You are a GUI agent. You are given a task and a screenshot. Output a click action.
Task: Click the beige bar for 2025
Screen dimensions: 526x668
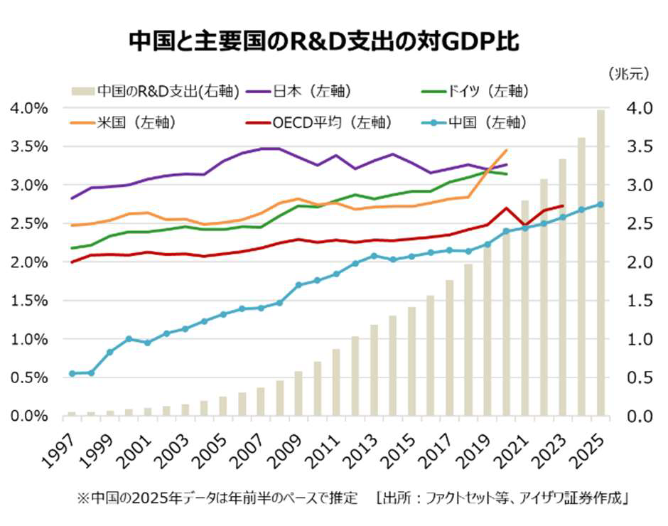(601, 263)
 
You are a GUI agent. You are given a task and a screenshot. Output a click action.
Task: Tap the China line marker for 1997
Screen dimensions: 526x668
(72, 374)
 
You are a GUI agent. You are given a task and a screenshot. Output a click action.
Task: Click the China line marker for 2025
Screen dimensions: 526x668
(601, 204)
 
